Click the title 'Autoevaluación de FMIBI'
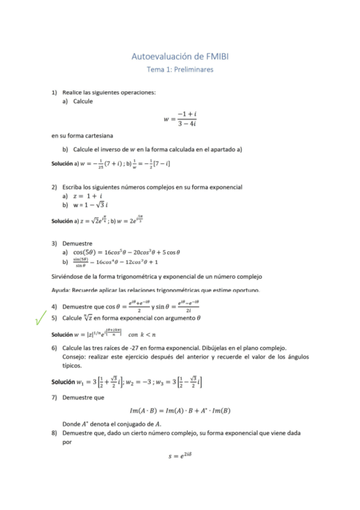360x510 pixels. coord(180,57)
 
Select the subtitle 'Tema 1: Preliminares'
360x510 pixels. coord(180,70)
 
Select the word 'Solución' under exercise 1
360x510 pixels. coord(61,164)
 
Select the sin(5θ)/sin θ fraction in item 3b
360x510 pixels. coord(81,262)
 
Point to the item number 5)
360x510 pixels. coord(54,318)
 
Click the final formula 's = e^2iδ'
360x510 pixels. coord(180,456)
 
